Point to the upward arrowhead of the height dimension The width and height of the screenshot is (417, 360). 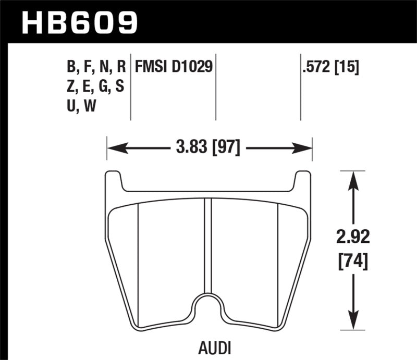(x=354, y=177)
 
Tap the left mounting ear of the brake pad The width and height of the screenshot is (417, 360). (x=114, y=181)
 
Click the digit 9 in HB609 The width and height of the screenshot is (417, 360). (x=126, y=22)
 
